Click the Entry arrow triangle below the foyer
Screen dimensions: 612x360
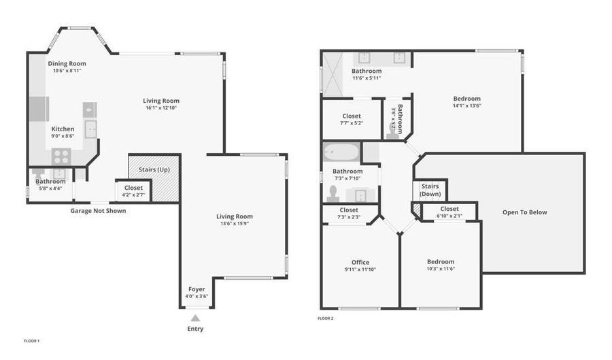pyautogui.click(x=195, y=318)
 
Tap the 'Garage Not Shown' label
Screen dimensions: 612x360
pyautogui.click(x=98, y=211)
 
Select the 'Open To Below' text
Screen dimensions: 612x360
pyautogui.click(x=524, y=212)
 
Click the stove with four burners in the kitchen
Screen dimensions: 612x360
pyautogui.click(x=61, y=157)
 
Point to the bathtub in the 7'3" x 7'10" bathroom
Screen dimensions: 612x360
pyautogui.click(x=341, y=152)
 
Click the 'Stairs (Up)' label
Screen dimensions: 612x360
pyautogui.click(x=154, y=169)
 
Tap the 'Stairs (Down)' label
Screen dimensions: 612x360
pyautogui.click(x=430, y=190)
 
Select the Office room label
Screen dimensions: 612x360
pyautogui.click(x=360, y=263)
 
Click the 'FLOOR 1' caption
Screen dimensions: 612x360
pyautogui.click(x=31, y=341)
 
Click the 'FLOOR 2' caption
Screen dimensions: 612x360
pyautogui.click(x=326, y=318)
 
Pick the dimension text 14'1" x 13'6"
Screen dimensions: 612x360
pyautogui.click(x=466, y=105)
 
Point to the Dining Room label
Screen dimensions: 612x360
pyautogui.click(x=67, y=64)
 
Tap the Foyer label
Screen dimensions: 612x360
pyautogui.click(x=197, y=289)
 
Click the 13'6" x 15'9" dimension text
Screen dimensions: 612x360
pyautogui.click(x=234, y=223)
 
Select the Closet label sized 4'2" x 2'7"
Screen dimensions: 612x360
pyautogui.click(x=133, y=188)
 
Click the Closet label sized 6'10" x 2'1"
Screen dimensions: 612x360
pyautogui.click(x=449, y=209)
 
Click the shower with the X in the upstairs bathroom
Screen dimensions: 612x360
pyautogui.click(x=333, y=74)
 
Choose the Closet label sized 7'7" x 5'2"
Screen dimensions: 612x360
pyautogui.click(x=352, y=116)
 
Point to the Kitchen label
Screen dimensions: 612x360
pyautogui.click(x=63, y=129)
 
